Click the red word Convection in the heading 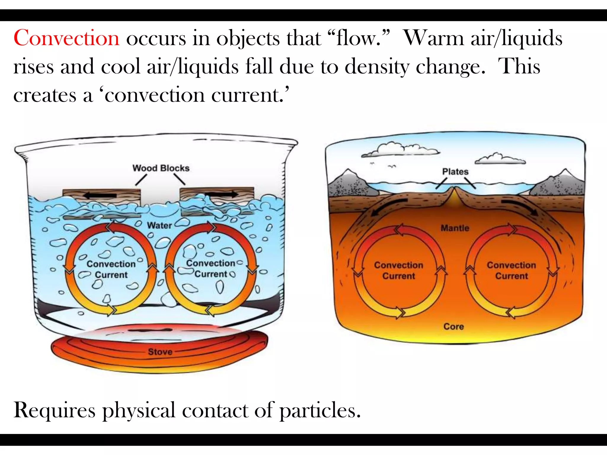click(x=66, y=38)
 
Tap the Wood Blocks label click(x=161, y=168)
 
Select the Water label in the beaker click(x=159, y=225)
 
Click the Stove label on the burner click(x=160, y=352)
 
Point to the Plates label click(x=455, y=172)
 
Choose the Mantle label click(x=455, y=228)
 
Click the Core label click(x=453, y=326)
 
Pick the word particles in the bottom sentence click(x=320, y=411)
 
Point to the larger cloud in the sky click(x=400, y=150)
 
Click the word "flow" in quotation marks click(x=359, y=38)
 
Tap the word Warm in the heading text click(x=434, y=38)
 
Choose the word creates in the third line click(x=45, y=95)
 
